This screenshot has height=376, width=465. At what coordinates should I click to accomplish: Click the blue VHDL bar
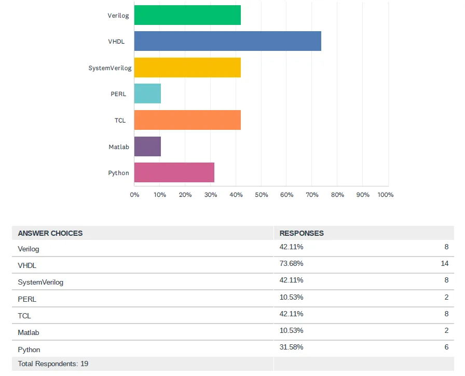click(x=227, y=41)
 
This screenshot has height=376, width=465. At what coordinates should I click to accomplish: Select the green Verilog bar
click(x=187, y=15)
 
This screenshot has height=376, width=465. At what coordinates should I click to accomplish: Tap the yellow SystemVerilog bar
click(x=187, y=68)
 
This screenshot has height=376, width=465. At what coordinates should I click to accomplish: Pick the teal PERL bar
click(x=147, y=93)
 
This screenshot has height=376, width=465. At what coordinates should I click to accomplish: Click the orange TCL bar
click(x=187, y=120)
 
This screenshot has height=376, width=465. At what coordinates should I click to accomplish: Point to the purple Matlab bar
click(x=147, y=146)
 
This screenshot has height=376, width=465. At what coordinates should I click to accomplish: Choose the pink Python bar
click(x=174, y=172)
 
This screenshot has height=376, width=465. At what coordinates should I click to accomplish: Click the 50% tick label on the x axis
click(x=261, y=195)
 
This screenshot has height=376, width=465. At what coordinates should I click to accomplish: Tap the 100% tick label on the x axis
click(x=386, y=195)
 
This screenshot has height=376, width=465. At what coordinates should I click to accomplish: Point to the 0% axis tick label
click(x=134, y=195)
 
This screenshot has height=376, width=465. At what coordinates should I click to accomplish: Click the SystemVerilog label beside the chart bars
click(x=110, y=68)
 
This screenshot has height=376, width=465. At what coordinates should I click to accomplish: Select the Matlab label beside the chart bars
click(x=119, y=147)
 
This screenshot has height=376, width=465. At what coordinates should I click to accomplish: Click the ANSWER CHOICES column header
click(x=50, y=233)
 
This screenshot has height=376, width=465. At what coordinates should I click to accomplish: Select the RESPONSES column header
click(x=302, y=233)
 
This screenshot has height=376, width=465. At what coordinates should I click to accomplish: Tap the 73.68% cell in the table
click(x=291, y=263)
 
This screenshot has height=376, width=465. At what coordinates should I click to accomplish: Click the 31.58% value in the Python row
click(x=291, y=347)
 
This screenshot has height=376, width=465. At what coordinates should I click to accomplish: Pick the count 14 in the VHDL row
click(x=445, y=263)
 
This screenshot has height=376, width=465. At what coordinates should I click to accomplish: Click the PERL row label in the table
click(x=27, y=299)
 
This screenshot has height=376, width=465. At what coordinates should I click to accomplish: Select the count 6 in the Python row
click(x=446, y=347)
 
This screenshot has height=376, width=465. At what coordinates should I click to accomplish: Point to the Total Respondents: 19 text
click(x=53, y=364)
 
